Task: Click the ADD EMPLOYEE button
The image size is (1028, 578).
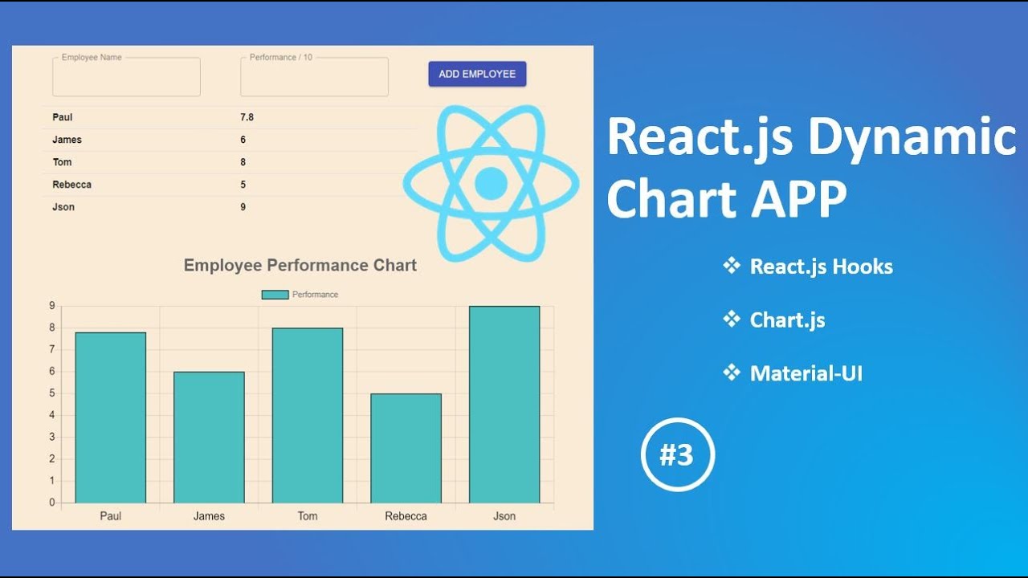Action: (477, 74)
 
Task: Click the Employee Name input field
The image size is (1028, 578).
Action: (126, 78)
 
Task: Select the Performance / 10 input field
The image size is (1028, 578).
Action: (314, 78)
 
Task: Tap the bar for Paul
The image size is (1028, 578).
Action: (111, 417)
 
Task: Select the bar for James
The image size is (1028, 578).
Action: (209, 438)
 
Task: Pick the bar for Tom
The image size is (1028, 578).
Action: (308, 415)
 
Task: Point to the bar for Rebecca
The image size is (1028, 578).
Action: (406, 448)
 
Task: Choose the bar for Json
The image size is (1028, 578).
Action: (504, 405)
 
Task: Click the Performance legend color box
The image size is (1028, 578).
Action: (275, 295)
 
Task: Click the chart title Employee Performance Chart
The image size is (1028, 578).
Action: (300, 266)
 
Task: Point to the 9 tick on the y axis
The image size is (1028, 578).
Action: (51, 306)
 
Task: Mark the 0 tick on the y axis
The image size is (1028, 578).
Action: (51, 503)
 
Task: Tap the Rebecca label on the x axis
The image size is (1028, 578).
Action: (406, 516)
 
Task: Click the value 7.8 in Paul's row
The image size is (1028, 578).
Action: (247, 117)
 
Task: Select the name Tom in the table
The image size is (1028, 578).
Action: (62, 162)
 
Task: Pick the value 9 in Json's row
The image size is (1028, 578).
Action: (243, 207)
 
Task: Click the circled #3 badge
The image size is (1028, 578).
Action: (677, 455)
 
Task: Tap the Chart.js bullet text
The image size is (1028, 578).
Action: (787, 320)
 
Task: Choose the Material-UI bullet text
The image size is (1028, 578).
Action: (806, 373)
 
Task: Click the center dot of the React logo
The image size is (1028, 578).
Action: (491, 183)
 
